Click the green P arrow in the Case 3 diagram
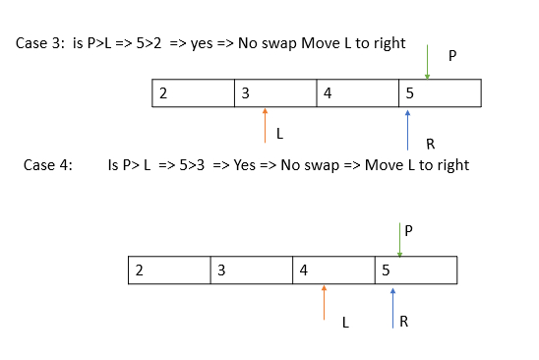point(427,62)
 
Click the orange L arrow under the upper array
point(265,125)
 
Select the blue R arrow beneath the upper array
point(407,130)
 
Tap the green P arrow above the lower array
point(399,240)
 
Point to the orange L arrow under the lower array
point(324,303)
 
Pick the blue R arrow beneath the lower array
point(392,309)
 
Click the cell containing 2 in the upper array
point(193,93)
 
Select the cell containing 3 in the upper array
point(275,93)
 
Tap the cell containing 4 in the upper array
point(357,93)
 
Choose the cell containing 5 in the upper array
point(440,93)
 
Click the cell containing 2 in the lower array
point(169,270)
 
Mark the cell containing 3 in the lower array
point(251,270)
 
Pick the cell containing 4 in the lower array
point(333,270)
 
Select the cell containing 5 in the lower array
point(416,270)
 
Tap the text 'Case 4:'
point(48,165)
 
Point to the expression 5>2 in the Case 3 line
point(149,43)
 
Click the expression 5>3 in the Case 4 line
point(192,165)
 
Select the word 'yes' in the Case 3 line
point(202,44)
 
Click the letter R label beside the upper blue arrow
point(431,144)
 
